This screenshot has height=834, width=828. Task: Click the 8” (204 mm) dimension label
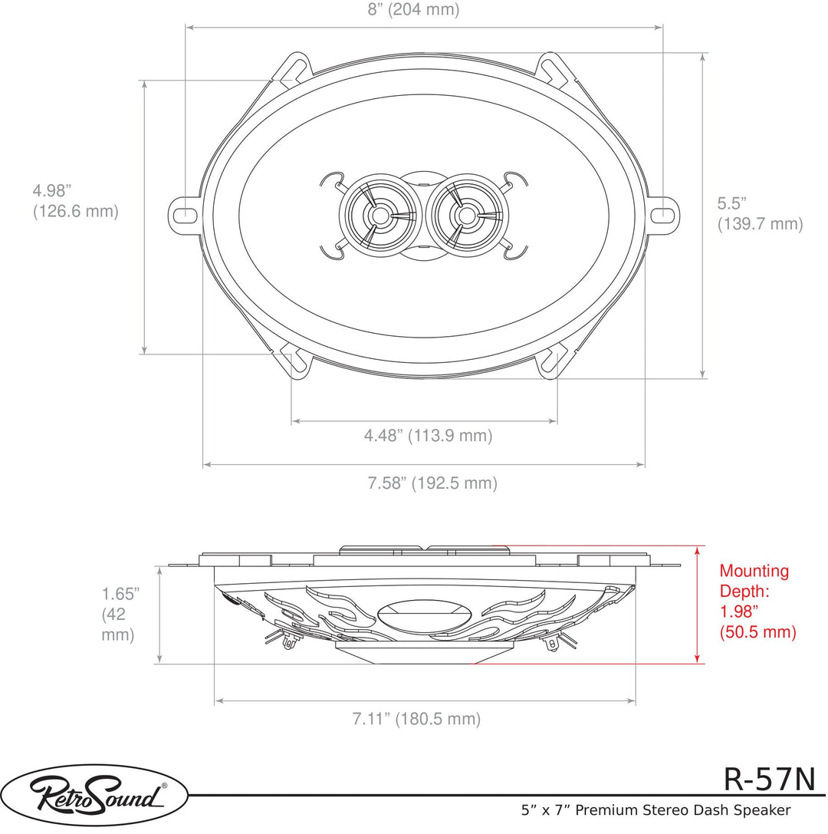(413, 9)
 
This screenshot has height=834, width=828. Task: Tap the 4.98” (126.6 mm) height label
(75, 200)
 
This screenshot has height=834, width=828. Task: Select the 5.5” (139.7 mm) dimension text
(760, 213)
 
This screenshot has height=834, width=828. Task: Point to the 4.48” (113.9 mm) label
(429, 436)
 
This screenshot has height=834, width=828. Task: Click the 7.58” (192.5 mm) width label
(432, 483)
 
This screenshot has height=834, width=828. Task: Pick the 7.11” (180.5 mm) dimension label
(416, 719)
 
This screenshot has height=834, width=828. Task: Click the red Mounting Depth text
(757, 601)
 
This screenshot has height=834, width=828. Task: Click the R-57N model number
(769, 780)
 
